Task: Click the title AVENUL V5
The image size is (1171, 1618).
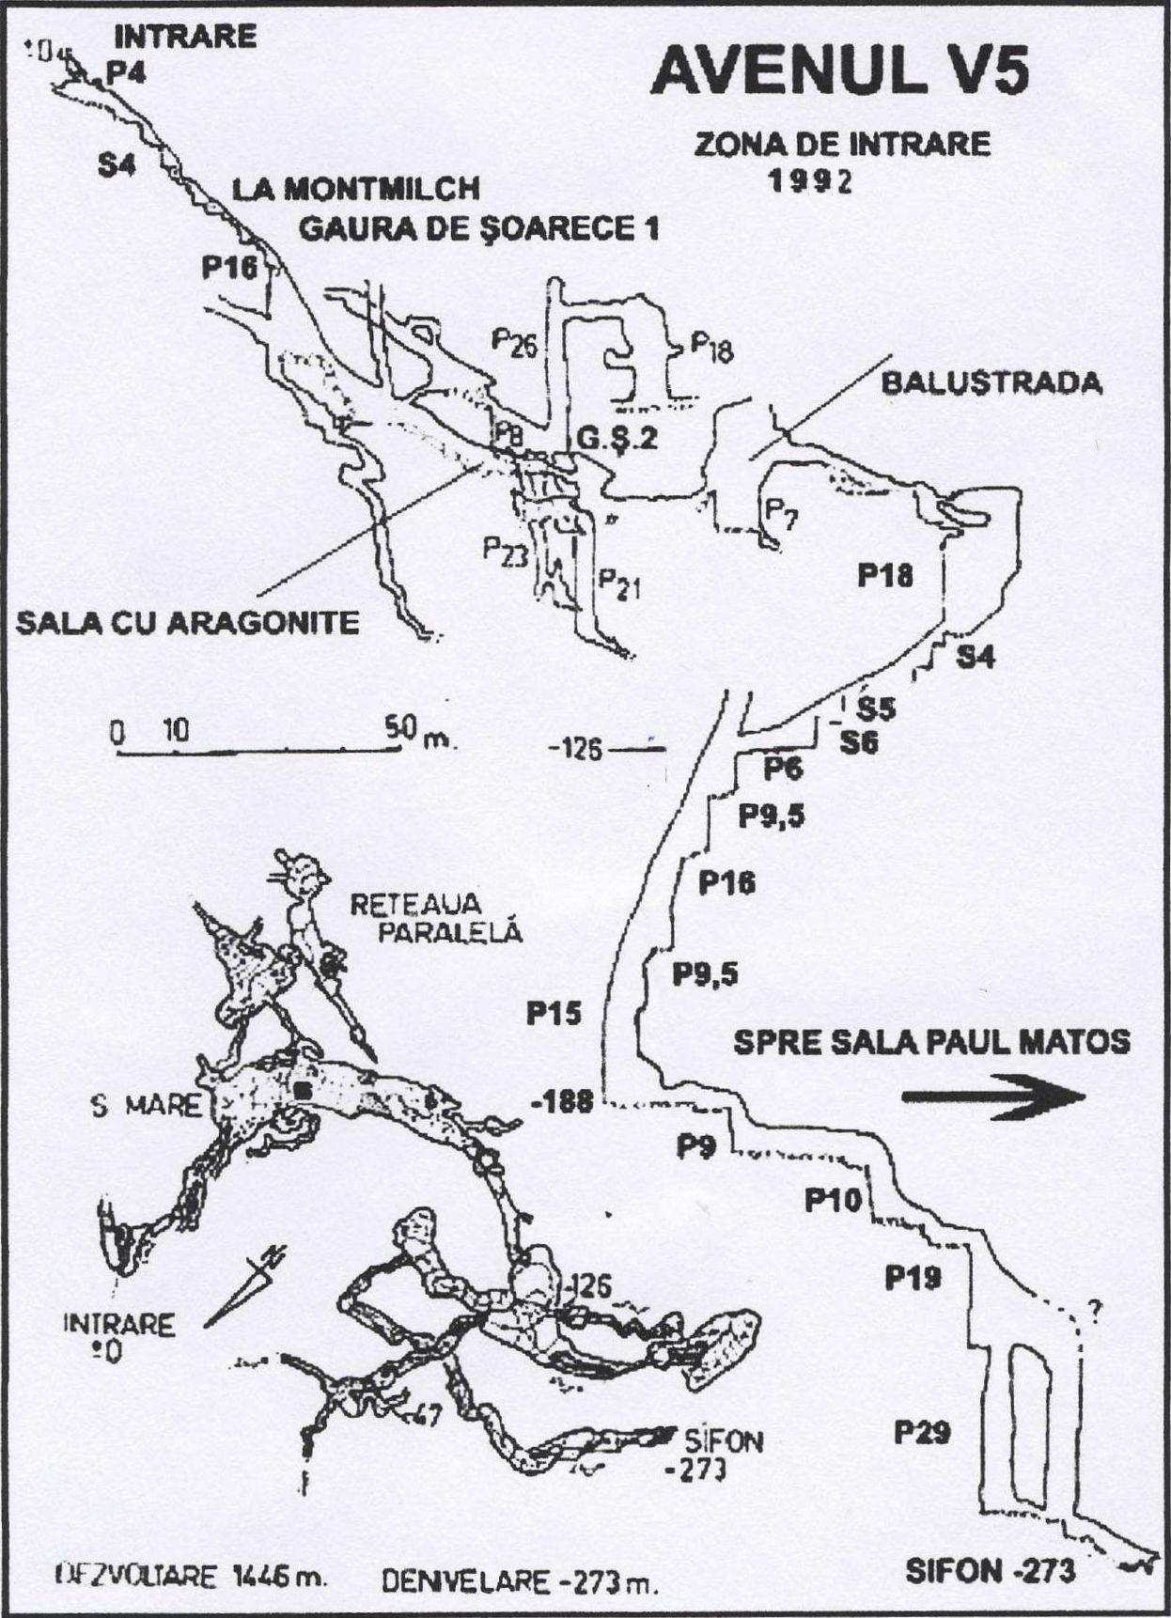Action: [839, 71]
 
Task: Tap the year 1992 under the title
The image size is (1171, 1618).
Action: [811, 180]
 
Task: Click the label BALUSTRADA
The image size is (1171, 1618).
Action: [991, 383]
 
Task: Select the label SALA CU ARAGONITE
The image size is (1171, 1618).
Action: [188, 623]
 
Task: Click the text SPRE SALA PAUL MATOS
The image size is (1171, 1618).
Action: [931, 1041]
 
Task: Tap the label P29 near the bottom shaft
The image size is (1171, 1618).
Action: [921, 1433]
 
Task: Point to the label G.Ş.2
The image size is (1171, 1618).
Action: [616, 438]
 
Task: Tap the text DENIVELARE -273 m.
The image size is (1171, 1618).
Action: [520, 1582]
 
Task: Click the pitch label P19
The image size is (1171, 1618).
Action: [913, 1277]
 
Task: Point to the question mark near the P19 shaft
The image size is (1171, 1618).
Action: [1094, 1309]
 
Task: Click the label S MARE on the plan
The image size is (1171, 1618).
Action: [146, 1105]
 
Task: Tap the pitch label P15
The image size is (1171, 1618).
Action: [554, 1013]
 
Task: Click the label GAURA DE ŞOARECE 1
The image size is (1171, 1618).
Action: [478, 227]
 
